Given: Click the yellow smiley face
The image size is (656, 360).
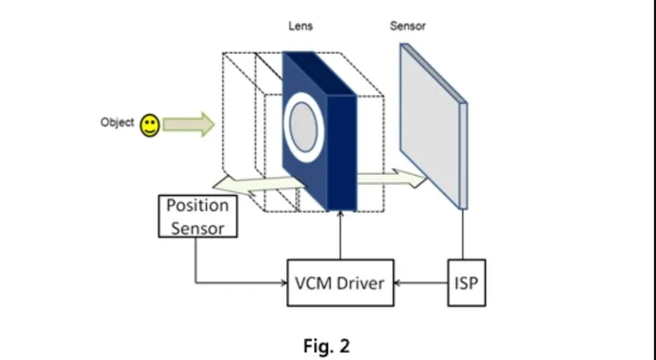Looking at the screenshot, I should point(150,125).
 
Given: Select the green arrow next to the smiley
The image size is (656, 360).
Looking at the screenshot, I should point(190,123).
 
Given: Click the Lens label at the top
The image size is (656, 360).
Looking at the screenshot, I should point(301,26).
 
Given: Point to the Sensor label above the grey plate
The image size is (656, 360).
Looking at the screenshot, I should point(407,26).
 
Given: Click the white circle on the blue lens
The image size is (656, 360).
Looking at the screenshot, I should point(304,127).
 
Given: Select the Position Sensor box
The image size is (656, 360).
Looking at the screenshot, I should point(198,216).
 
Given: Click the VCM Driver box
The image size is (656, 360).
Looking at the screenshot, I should point(340,283).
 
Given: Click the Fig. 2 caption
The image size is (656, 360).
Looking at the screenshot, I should point(326,345).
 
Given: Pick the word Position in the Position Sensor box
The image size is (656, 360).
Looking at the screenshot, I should point(197,206).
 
